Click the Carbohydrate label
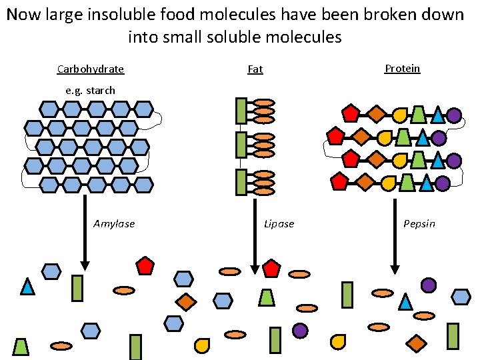[91, 69]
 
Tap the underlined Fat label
[255, 69]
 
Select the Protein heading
[403, 69]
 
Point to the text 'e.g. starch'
[91, 90]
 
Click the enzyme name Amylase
[114, 224]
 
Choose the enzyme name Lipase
[279, 224]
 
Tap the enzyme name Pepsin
[419, 224]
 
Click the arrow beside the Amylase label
[85, 230]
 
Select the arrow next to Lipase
[254, 233]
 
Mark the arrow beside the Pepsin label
[394, 233]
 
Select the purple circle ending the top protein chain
[454, 115]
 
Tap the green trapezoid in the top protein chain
[418, 115]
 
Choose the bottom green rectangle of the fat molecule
[241, 183]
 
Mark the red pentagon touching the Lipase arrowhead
[271, 268]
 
